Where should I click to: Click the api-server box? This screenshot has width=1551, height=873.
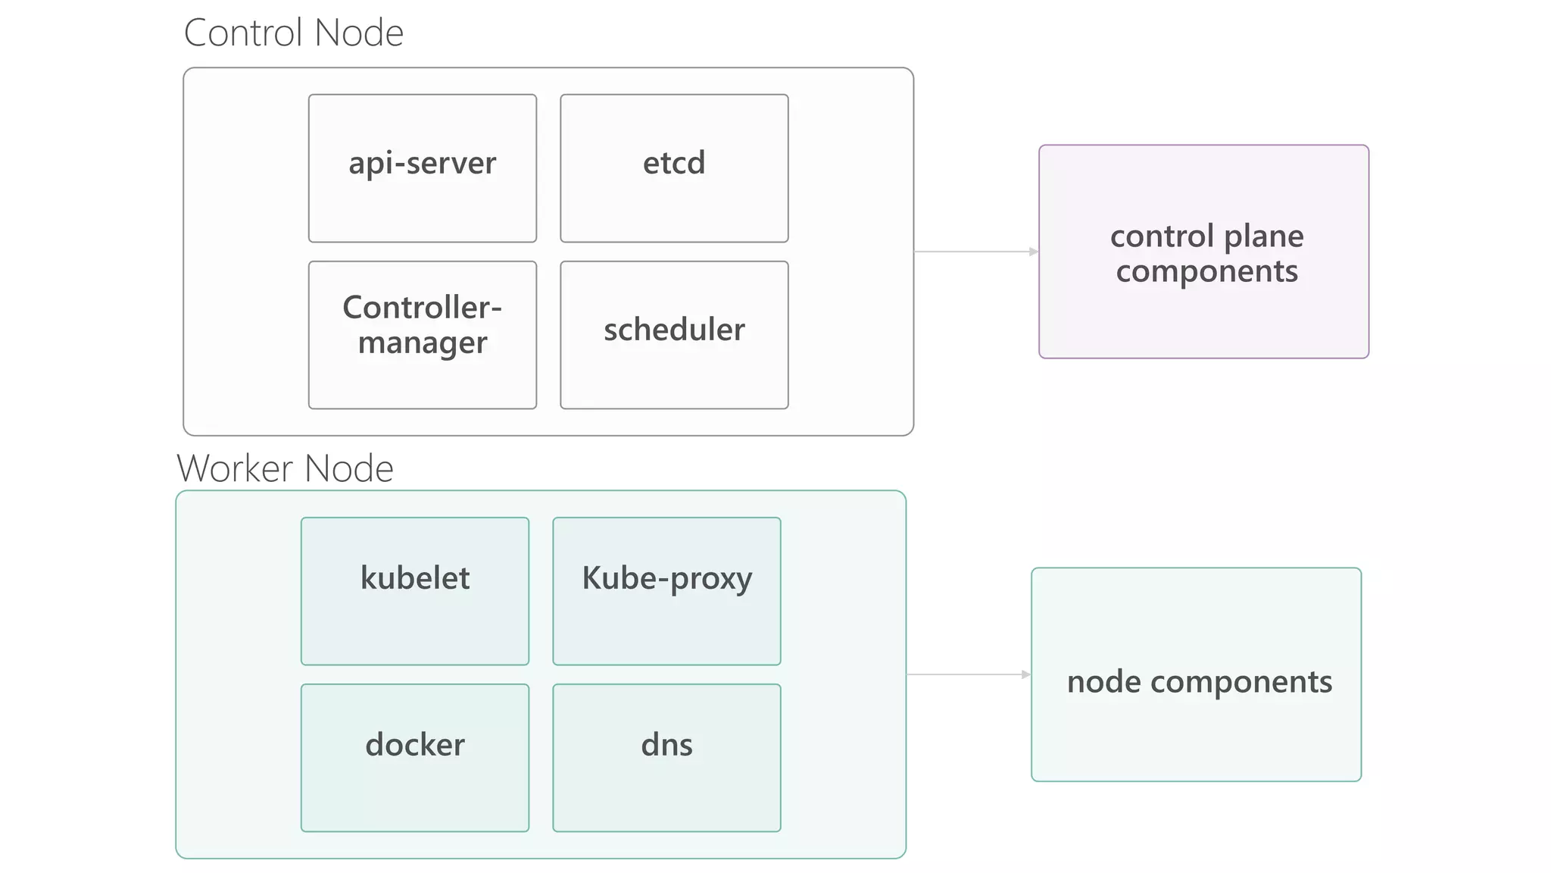coord(422,168)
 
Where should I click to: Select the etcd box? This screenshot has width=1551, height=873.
coord(674,168)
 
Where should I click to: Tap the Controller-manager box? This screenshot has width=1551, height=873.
coord(422,335)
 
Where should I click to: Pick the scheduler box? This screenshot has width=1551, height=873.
coord(674,335)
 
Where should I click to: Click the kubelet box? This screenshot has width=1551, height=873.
coord(414,591)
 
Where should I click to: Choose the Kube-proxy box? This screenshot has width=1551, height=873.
coord(666,591)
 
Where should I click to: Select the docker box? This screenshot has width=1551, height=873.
coord(414,758)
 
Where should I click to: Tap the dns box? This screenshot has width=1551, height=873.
coord(666,758)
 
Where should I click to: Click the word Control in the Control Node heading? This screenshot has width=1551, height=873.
coord(244,33)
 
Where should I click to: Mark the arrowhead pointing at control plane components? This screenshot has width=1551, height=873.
coord(1034,252)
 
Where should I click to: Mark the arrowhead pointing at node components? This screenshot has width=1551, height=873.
coord(1026,674)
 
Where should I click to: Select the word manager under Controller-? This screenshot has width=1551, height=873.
coord(422,343)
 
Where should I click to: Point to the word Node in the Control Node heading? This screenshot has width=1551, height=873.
coord(359,33)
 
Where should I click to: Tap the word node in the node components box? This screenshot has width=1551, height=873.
coord(1103,682)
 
